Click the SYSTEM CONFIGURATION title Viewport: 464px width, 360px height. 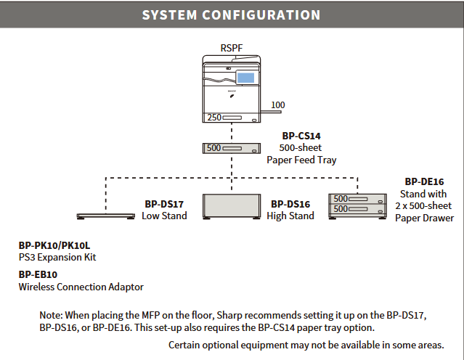point(231,15)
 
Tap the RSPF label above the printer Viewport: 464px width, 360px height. point(232,48)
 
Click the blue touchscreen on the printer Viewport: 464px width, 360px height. point(245,78)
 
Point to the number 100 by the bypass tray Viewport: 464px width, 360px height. point(278,105)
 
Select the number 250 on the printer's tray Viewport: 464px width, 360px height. point(214,118)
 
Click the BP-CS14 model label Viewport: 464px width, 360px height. point(301,136)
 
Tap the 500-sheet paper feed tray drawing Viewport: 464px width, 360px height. point(232,148)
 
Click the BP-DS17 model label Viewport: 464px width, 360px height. point(164,204)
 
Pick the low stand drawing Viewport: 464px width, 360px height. point(105,216)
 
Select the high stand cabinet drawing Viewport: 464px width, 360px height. point(232,207)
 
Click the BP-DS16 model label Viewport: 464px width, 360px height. point(290,204)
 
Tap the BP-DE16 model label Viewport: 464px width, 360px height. point(424,181)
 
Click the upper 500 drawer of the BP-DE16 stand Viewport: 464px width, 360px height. point(357,199)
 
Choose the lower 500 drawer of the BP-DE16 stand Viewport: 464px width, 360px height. point(357,210)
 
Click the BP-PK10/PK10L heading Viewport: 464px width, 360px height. point(54,245)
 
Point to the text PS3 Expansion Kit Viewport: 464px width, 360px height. point(57,258)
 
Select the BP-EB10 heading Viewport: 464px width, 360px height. point(38,274)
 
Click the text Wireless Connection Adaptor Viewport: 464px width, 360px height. point(81,287)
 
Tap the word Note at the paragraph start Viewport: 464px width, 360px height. point(52,315)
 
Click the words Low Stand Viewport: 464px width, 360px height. point(164,216)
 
